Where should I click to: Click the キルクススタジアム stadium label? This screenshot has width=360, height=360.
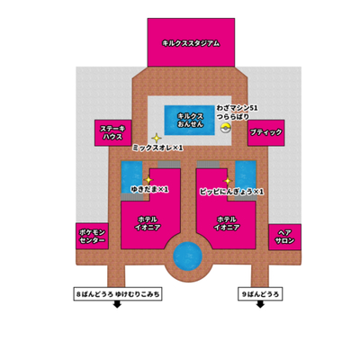[x=191, y=44]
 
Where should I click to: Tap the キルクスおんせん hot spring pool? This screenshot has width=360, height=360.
[x=190, y=121]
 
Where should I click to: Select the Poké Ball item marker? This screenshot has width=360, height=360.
[x=225, y=128]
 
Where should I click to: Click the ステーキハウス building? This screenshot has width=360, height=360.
[x=113, y=133]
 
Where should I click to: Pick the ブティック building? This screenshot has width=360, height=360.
[x=265, y=132]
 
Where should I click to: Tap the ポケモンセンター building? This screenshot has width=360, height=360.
[x=92, y=236]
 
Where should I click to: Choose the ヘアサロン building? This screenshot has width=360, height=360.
[x=284, y=237]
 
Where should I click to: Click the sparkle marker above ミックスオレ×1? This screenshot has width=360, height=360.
[x=157, y=139]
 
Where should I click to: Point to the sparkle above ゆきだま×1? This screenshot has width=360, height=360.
[x=148, y=180]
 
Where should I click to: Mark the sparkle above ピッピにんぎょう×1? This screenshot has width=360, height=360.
[x=228, y=181]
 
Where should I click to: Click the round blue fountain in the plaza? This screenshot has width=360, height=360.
[x=188, y=256]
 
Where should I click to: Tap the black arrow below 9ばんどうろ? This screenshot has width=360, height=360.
[x=260, y=304]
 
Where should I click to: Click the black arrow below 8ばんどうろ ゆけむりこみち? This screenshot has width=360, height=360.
[x=117, y=304]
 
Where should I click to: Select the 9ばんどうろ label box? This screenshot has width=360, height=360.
[x=260, y=294]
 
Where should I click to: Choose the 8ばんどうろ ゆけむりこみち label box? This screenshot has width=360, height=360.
[x=118, y=294]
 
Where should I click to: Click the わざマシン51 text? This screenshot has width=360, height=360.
[x=237, y=108]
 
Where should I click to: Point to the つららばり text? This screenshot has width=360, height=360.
[x=233, y=117]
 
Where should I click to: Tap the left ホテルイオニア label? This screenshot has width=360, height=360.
[x=147, y=223]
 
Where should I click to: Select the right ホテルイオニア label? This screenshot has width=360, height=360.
[x=227, y=223]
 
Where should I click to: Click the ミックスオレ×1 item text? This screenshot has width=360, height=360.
[x=157, y=148]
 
